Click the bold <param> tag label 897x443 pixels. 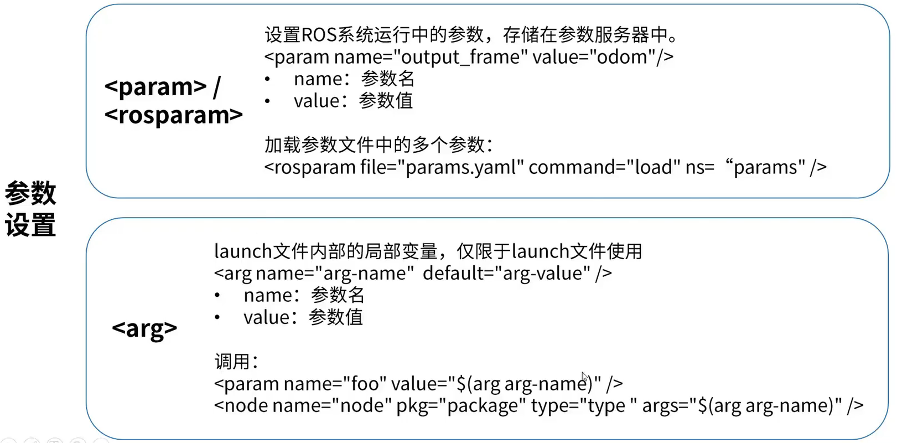click(155, 86)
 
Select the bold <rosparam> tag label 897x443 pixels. click(173, 115)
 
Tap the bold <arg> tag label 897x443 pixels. click(144, 328)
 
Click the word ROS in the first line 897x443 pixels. click(319, 35)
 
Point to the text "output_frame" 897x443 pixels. click(460, 57)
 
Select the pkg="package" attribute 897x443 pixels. click(461, 406)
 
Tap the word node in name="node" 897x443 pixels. click(362, 406)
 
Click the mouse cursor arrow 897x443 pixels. click(584, 376)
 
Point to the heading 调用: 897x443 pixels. click(236, 362)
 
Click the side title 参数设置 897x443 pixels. click(30, 209)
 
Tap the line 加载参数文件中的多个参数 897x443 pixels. click(378, 145)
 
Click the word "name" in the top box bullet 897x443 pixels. click(318, 79)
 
